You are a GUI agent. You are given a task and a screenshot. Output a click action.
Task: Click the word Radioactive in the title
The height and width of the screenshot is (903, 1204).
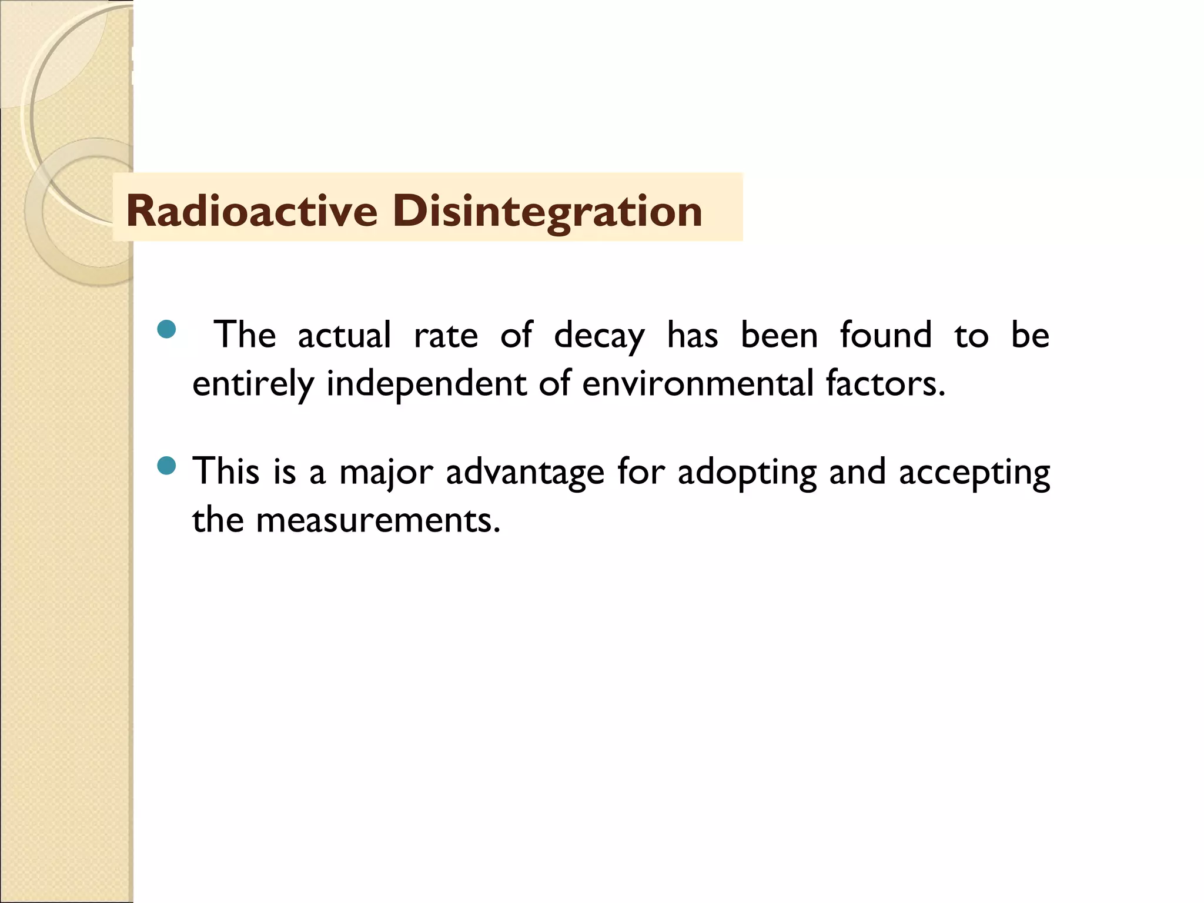click(252, 210)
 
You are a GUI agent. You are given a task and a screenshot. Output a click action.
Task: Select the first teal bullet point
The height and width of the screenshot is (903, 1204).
click(167, 329)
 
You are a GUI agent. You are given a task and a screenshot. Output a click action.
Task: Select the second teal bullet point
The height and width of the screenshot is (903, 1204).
click(167, 467)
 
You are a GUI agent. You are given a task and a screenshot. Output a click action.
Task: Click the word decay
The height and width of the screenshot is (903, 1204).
click(599, 336)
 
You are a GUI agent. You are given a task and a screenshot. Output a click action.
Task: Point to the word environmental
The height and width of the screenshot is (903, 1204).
click(698, 383)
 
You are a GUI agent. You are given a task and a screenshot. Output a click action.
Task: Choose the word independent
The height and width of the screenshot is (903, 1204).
click(426, 383)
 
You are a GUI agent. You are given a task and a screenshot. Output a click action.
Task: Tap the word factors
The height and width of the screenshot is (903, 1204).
click(885, 383)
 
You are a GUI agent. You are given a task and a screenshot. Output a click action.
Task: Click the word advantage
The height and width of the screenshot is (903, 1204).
click(525, 472)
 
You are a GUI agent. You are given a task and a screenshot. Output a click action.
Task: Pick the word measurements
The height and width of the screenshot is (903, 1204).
click(378, 520)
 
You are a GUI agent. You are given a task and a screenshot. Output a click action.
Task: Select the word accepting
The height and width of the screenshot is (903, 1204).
click(974, 472)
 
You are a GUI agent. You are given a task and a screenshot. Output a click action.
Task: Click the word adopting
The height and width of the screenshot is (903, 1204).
click(747, 472)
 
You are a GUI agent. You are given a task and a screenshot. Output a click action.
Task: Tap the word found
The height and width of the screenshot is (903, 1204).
click(885, 335)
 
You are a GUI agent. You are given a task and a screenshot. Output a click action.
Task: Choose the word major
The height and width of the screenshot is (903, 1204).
click(386, 472)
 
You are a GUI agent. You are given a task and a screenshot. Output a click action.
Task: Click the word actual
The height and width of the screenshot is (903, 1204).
click(344, 335)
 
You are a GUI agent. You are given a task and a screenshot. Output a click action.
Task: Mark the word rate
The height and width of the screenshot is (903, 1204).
click(446, 336)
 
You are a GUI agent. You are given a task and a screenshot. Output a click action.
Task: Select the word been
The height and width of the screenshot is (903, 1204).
click(779, 335)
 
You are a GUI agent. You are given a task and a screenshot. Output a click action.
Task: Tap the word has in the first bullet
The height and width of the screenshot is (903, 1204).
click(692, 335)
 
